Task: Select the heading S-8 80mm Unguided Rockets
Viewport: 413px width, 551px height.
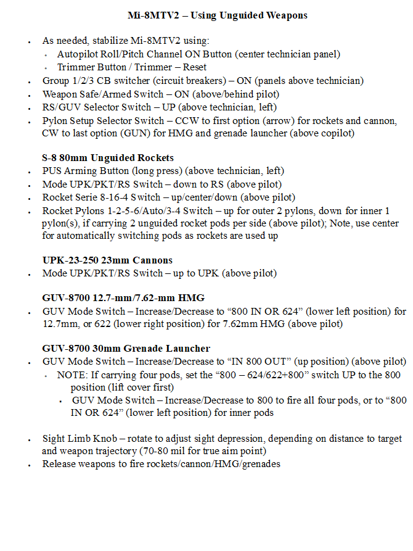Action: click(x=108, y=158)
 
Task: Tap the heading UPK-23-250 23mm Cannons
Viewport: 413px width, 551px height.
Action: click(x=107, y=260)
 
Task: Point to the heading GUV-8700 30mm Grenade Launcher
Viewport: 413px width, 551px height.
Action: click(x=126, y=349)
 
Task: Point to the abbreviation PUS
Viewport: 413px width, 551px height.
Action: click(x=52, y=171)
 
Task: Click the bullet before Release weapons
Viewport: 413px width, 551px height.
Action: click(x=30, y=465)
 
